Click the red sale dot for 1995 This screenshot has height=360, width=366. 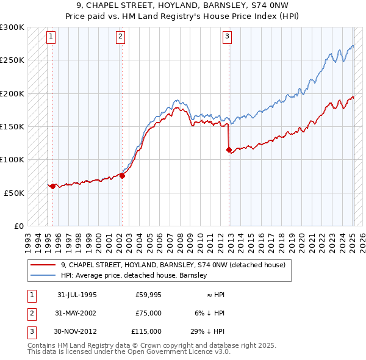52,186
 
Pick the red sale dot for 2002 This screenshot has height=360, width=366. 122,176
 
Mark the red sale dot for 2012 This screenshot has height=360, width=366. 229,149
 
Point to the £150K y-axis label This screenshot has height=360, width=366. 12,126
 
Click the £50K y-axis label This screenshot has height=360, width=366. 14,192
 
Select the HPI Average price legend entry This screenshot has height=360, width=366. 134,275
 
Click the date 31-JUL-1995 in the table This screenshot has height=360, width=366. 77,295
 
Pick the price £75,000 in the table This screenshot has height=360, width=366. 148,313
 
